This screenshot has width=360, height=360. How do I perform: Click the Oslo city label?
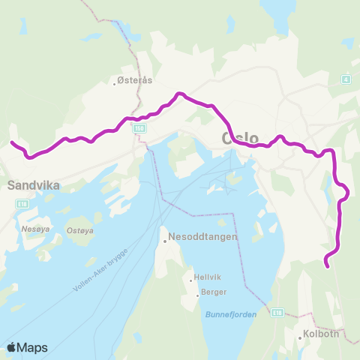pos(240,139)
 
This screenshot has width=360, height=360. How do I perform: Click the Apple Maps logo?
pos(26,347)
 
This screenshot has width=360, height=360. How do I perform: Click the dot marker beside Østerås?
pos(114,83)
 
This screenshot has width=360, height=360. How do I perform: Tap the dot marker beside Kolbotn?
pos(300,338)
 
